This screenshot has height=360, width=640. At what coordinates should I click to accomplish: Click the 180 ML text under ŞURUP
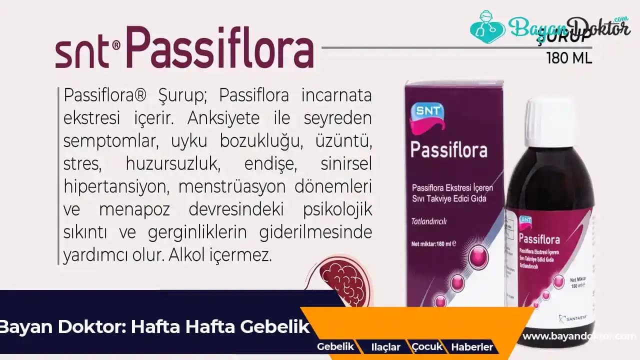coord(569,58)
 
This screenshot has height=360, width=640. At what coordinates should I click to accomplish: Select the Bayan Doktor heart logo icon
coord(487,27)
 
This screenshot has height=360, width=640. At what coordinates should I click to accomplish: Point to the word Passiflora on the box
coord(448,149)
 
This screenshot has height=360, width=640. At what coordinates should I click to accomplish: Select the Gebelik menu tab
coord(335,346)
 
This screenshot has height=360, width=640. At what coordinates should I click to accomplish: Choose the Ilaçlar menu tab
coord(385,347)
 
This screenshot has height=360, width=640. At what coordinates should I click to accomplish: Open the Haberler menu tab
coord(471,347)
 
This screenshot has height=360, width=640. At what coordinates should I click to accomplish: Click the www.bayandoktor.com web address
coord(579,336)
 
